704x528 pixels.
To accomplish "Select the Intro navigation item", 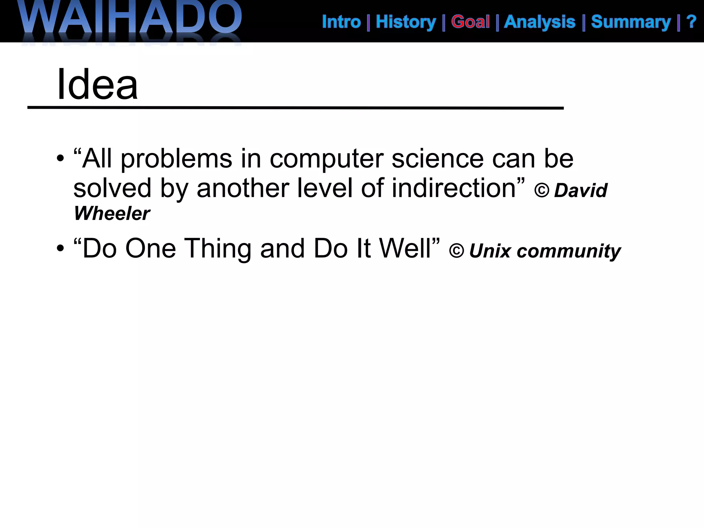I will [341, 22].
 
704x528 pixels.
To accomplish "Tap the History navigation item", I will [406, 22].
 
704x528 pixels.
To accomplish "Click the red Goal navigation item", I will [470, 22].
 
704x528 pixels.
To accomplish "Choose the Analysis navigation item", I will [540, 22].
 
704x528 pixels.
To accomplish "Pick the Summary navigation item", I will [631, 22].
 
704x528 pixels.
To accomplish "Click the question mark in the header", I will [691, 22].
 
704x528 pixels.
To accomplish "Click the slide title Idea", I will [97, 85].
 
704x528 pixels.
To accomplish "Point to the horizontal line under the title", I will [296, 108].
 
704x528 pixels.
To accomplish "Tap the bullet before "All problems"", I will [60, 159].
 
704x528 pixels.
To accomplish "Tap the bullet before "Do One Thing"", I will [60, 248].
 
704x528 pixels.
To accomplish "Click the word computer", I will [327, 159].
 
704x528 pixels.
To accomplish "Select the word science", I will [438, 159].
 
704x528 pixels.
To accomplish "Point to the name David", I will [581, 190].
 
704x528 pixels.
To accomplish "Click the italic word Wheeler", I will [112, 213].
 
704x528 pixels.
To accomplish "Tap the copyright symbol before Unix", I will [456, 251].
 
